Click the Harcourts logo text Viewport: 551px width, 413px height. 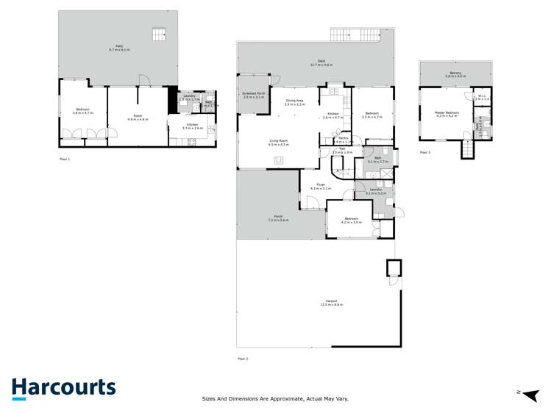coord(63,387)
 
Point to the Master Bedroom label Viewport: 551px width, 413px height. coord(447,113)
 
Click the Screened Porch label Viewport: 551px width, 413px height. coord(253,95)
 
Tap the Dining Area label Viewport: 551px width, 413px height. coord(294,101)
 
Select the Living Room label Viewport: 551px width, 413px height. coord(278,142)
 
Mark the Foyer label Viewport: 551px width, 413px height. coord(321,185)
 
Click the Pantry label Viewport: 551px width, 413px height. coord(343,139)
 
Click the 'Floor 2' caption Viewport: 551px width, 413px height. coord(243,358)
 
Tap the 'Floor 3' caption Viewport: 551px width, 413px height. coord(425,152)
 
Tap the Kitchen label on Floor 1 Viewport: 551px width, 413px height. coord(191,126)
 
